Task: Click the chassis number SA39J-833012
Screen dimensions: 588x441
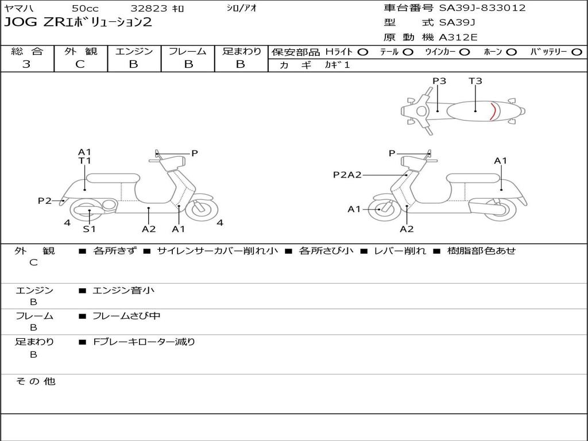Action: click(x=482, y=8)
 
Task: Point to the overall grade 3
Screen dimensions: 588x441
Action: click(x=26, y=64)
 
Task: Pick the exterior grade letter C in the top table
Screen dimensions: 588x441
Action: click(x=80, y=64)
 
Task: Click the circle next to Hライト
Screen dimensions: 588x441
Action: click(x=363, y=52)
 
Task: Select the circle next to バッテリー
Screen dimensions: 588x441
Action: click(x=577, y=52)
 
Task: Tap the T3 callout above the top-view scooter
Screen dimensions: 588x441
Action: click(x=475, y=80)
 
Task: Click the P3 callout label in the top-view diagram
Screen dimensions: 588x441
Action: click(x=439, y=80)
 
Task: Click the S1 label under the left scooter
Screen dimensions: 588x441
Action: click(x=89, y=229)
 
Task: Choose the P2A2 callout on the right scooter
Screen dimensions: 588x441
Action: click(x=347, y=175)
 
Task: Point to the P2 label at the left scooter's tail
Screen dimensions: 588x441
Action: click(x=45, y=200)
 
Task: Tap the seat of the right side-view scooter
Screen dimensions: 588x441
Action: click(x=474, y=179)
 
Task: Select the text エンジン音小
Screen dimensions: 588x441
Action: click(x=123, y=290)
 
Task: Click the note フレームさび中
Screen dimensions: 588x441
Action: click(x=126, y=316)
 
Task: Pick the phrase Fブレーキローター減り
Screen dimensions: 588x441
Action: click(x=144, y=342)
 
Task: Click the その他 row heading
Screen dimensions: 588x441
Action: click(x=35, y=381)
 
